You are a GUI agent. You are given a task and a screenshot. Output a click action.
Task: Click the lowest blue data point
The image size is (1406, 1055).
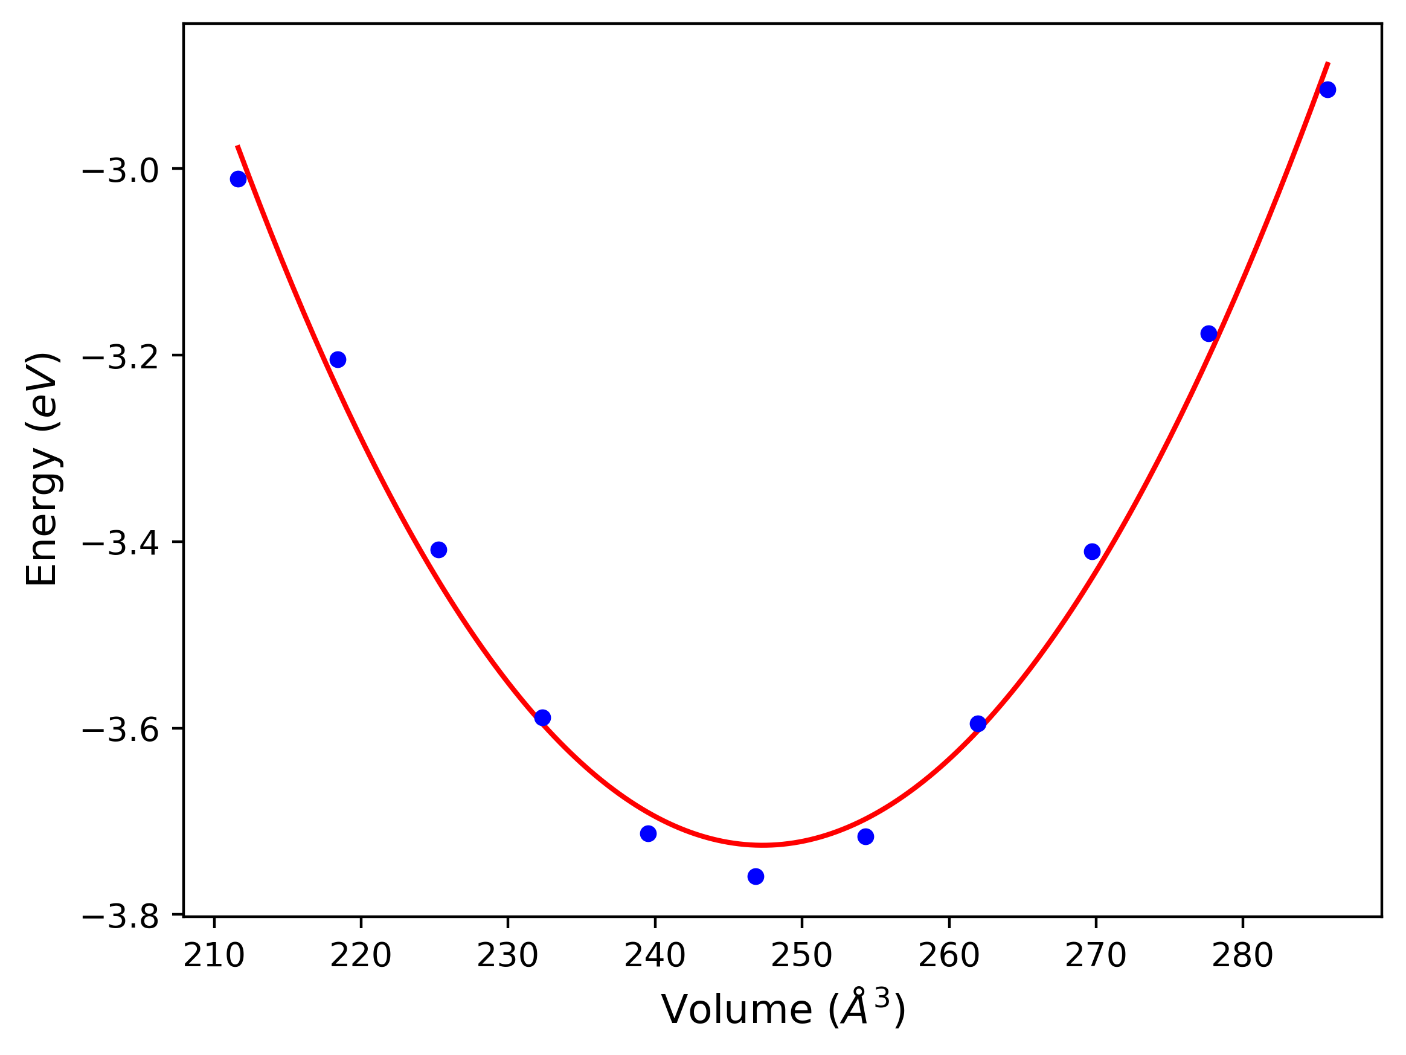tap(755, 876)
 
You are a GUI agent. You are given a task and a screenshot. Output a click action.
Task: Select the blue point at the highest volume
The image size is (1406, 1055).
tap(1327, 89)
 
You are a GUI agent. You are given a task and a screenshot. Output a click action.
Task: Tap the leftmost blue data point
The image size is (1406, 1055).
tap(238, 179)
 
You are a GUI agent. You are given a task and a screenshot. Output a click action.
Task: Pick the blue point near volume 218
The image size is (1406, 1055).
tap(338, 360)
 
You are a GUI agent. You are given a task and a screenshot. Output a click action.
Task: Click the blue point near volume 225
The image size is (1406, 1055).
tap(438, 550)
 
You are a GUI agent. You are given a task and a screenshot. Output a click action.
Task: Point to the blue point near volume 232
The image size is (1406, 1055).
tap(542, 718)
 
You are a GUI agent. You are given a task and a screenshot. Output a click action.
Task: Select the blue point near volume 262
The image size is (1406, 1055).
tap(978, 724)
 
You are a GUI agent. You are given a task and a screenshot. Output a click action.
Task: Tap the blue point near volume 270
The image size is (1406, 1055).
tap(1092, 551)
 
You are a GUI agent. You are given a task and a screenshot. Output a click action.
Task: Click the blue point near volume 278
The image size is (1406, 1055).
tap(1209, 334)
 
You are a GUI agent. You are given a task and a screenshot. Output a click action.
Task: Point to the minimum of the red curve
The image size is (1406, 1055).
tap(762, 845)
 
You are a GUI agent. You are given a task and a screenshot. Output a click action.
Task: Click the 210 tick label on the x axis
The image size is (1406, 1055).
tap(214, 956)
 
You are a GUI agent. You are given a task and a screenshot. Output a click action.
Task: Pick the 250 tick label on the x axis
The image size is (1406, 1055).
tap(801, 956)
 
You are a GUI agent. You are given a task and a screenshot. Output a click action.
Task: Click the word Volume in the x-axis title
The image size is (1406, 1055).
tap(736, 1009)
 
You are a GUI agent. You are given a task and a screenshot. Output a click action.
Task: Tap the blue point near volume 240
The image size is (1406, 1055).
tap(647, 834)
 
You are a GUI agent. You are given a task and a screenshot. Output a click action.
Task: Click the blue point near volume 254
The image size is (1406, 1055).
tap(865, 836)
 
